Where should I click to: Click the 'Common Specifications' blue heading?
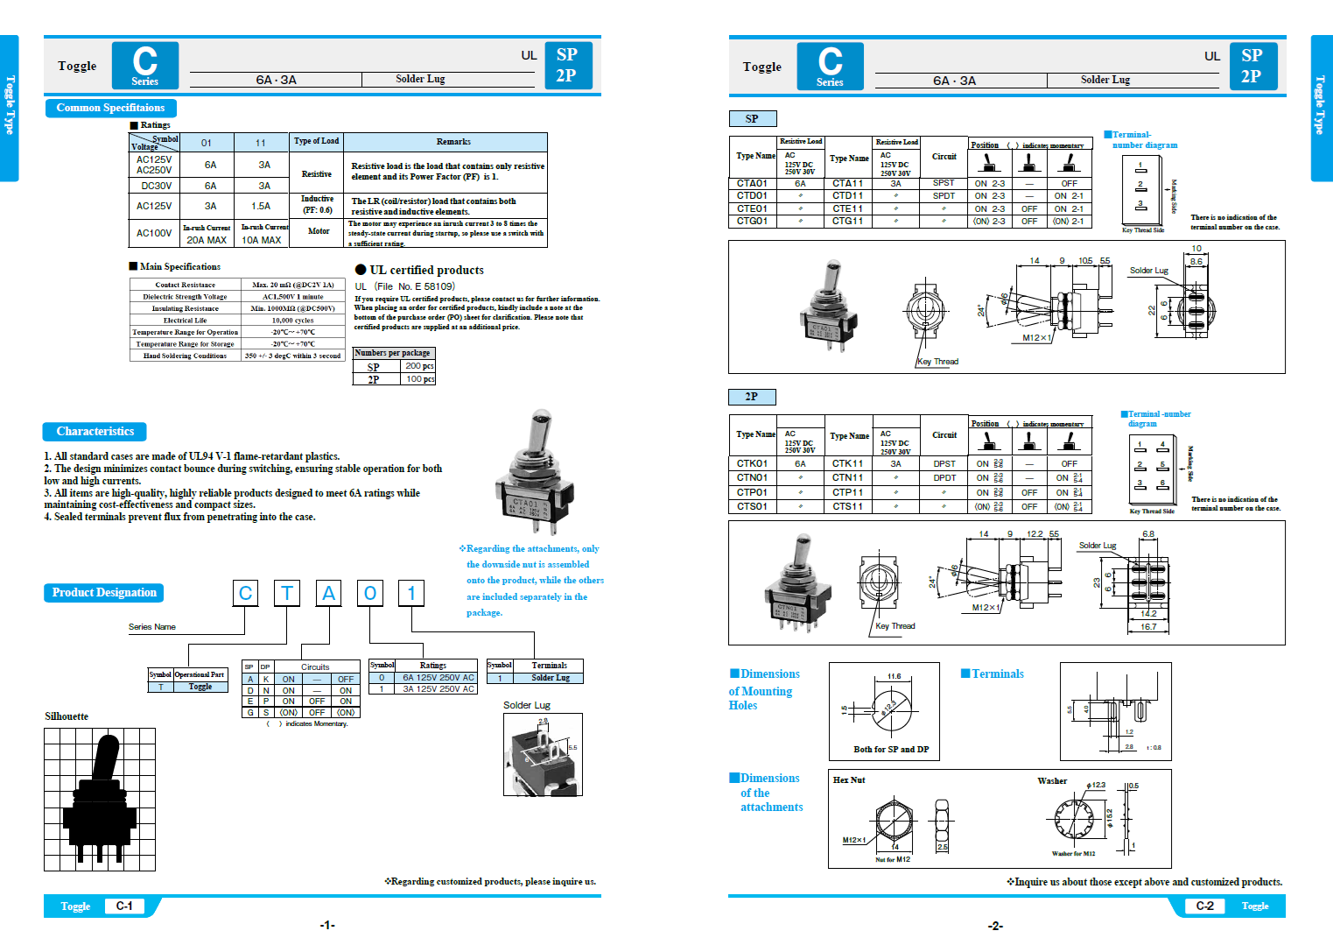tap(110, 108)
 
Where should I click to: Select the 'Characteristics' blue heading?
tap(95, 431)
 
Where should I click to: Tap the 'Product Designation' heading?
tap(103, 592)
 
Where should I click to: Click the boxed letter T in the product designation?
tap(287, 593)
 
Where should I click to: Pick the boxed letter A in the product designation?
tap(328, 593)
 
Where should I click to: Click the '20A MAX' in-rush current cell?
tap(207, 240)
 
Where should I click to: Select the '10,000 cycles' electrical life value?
tap(292, 321)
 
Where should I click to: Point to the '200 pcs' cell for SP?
tap(419, 366)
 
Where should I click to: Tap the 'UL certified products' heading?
tap(425, 270)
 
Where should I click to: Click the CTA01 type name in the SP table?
tap(752, 184)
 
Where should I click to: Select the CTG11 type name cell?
tap(847, 222)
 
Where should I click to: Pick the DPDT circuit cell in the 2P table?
tap(944, 478)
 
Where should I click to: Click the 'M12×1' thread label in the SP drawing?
tap(1036, 338)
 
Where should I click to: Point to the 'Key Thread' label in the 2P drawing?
tap(895, 626)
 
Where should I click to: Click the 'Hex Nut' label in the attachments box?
tap(848, 779)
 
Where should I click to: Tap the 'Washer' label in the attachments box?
tap(1052, 780)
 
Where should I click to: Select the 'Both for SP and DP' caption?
tap(891, 750)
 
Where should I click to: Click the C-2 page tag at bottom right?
tap(1204, 906)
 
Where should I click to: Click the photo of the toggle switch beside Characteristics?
tap(534, 473)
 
